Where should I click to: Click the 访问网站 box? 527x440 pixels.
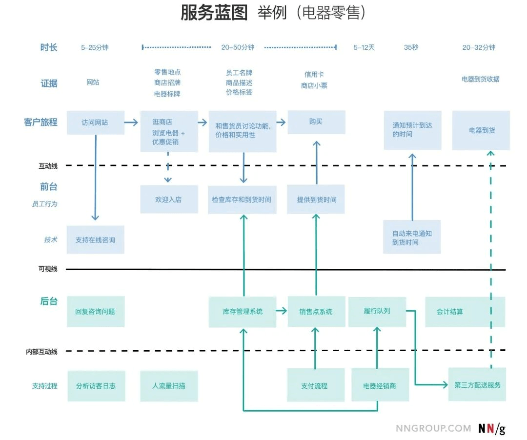(x=95, y=122)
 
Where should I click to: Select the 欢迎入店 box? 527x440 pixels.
(x=169, y=200)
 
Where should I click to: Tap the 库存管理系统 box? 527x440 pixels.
(x=243, y=311)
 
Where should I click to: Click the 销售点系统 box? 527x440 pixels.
(x=316, y=311)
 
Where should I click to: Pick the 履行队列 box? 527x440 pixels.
(x=377, y=311)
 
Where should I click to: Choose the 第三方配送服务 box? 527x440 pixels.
(x=477, y=385)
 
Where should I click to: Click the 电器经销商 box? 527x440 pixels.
(x=380, y=385)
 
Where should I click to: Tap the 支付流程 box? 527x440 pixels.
(x=315, y=385)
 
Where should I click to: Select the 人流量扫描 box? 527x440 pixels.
(x=169, y=385)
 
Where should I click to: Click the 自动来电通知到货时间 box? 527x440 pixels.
(x=412, y=238)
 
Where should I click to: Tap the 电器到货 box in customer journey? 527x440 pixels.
(x=481, y=130)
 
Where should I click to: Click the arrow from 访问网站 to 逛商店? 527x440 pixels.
(x=131, y=122)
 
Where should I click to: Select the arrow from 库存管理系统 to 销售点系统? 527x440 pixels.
(x=281, y=311)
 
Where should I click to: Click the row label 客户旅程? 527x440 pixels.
(x=41, y=122)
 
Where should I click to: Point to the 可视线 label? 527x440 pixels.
(x=48, y=269)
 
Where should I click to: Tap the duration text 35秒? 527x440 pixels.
(x=411, y=47)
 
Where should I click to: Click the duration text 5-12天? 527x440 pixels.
(x=365, y=47)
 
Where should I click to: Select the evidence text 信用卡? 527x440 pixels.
(x=314, y=75)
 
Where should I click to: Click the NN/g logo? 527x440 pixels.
(x=491, y=429)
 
